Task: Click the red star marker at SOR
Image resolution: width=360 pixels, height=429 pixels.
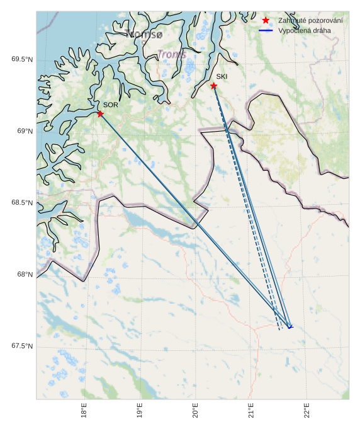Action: pyautogui.click(x=100, y=113)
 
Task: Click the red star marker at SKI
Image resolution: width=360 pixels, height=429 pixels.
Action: pyautogui.click(x=214, y=86)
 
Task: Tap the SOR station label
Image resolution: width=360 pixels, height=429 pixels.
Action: pyautogui.click(x=111, y=105)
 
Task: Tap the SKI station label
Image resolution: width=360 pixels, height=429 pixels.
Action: pyautogui.click(x=222, y=76)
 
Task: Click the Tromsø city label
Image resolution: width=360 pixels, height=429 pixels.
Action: pyautogui.click(x=144, y=33)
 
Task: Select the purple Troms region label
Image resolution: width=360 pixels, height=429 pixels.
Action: pyautogui.click(x=172, y=55)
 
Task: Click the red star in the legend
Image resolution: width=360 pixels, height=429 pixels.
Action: pyautogui.click(x=266, y=21)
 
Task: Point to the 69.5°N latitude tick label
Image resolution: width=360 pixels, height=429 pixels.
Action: pyautogui.click(x=22, y=60)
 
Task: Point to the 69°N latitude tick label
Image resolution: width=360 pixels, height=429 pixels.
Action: pyautogui.click(x=25, y=131)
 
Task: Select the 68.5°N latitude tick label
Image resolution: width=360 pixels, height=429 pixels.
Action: pyautogui.click(x=22, y=203)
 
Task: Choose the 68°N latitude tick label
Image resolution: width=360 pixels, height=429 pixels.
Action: pyautogui.click(x=25, y=275)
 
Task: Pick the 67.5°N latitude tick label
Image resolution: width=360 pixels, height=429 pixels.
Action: pyautogui.click(x=22, y=346)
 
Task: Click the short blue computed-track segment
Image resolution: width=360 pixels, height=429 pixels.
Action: pyautogui.click(x=290, y=327)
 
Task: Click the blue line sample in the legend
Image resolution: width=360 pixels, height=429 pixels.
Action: pyautogui.click(x=266, y=30)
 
